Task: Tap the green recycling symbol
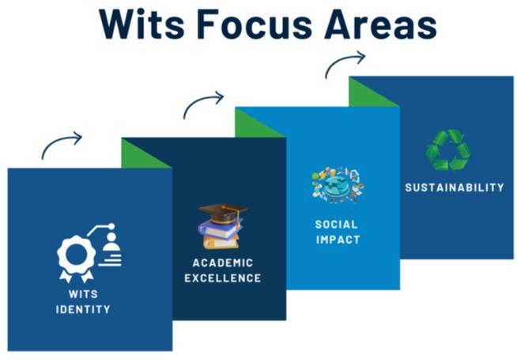[447, 150]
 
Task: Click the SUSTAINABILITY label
[455, 188]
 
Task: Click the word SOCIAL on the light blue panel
[337, 224]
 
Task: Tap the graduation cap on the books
[222, 211]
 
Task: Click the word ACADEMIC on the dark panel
[223, 263]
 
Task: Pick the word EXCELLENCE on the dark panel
[223, 278]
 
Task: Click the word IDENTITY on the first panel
[83, 309]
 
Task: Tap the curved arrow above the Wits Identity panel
[61, 145]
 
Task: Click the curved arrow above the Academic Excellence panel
[202, 104]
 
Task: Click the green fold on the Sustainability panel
[368, 94]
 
